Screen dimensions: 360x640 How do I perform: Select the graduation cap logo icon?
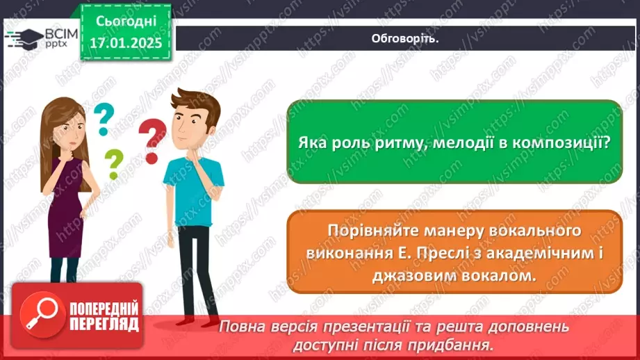(26, 37)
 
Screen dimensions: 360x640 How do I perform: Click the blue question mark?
(103, 119)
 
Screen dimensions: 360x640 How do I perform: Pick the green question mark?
(113, 164)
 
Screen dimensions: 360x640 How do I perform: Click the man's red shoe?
(186, 320)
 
